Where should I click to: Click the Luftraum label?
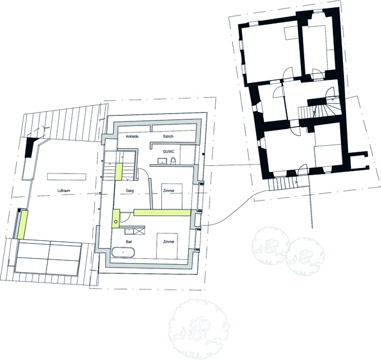(x=64, y=190)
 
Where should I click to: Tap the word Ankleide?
(x=132, y=137)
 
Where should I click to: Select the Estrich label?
(x=168, y=137)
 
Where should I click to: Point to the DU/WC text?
(x=169, y=152)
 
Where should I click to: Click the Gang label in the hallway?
(x=130, y=190)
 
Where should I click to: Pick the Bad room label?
(x=129, y=242)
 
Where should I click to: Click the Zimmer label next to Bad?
(x=169, y=242)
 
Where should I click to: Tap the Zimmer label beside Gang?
(x=169, y=190)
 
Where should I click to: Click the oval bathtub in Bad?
(x=123, y=253)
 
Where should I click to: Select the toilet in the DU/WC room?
(x=173, y=161)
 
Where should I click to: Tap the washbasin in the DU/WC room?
(x=162, y=161)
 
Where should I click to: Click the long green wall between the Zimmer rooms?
(x=162, y=212)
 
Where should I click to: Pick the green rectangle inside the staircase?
(x=118, y=172)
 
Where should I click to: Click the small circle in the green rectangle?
(x=116, y=221)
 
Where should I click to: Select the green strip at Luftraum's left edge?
(x=22, y=225)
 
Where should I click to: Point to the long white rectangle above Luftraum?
(x=67, y=176)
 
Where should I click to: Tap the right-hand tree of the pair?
(x=305, y=256)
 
